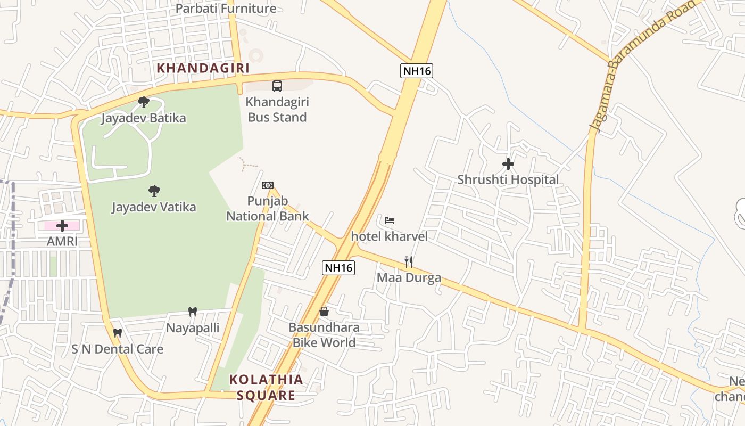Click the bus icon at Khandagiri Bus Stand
277,86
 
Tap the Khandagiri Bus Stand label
277,110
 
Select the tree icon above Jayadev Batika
143,102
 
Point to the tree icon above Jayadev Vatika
154,191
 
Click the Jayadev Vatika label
154,207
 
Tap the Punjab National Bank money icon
268,185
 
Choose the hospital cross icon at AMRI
62,226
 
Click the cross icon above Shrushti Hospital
508,164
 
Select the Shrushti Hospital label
508,180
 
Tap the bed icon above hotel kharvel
390,220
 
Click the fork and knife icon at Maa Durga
409,261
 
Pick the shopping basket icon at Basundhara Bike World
324,312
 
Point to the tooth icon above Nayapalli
193,312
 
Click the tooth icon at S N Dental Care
118,333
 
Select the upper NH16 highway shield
417,71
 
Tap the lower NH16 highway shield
338,267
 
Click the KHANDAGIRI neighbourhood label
203,68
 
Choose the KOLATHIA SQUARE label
266,387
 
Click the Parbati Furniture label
226,9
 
